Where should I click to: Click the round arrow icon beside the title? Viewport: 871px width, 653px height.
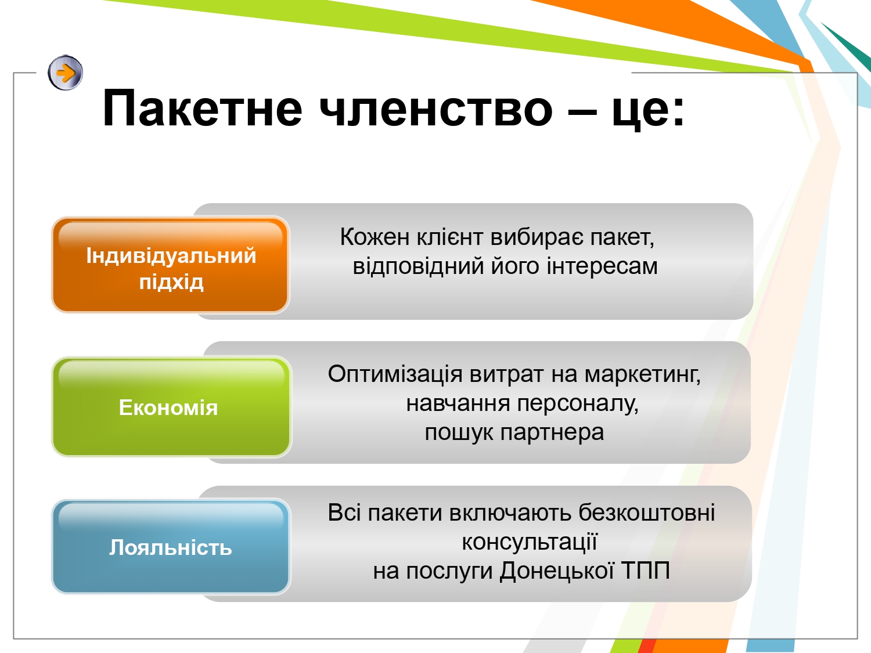click(x=66, y=73)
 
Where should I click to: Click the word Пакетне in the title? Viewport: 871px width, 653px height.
click(x=203, y=108)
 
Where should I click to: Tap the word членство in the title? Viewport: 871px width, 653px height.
click(x=435, y=108)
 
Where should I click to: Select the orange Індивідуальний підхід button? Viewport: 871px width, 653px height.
click(x=171, y=265)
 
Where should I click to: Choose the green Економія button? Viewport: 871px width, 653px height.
click(x=171, y=407)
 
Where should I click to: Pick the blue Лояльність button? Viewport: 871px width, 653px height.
click(x=171, y=547)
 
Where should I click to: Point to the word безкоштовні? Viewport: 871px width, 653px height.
click(x=647, y=513)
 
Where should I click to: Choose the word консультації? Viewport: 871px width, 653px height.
click(x=530, y=542)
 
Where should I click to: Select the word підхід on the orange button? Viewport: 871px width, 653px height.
click(x=171, y=282)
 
